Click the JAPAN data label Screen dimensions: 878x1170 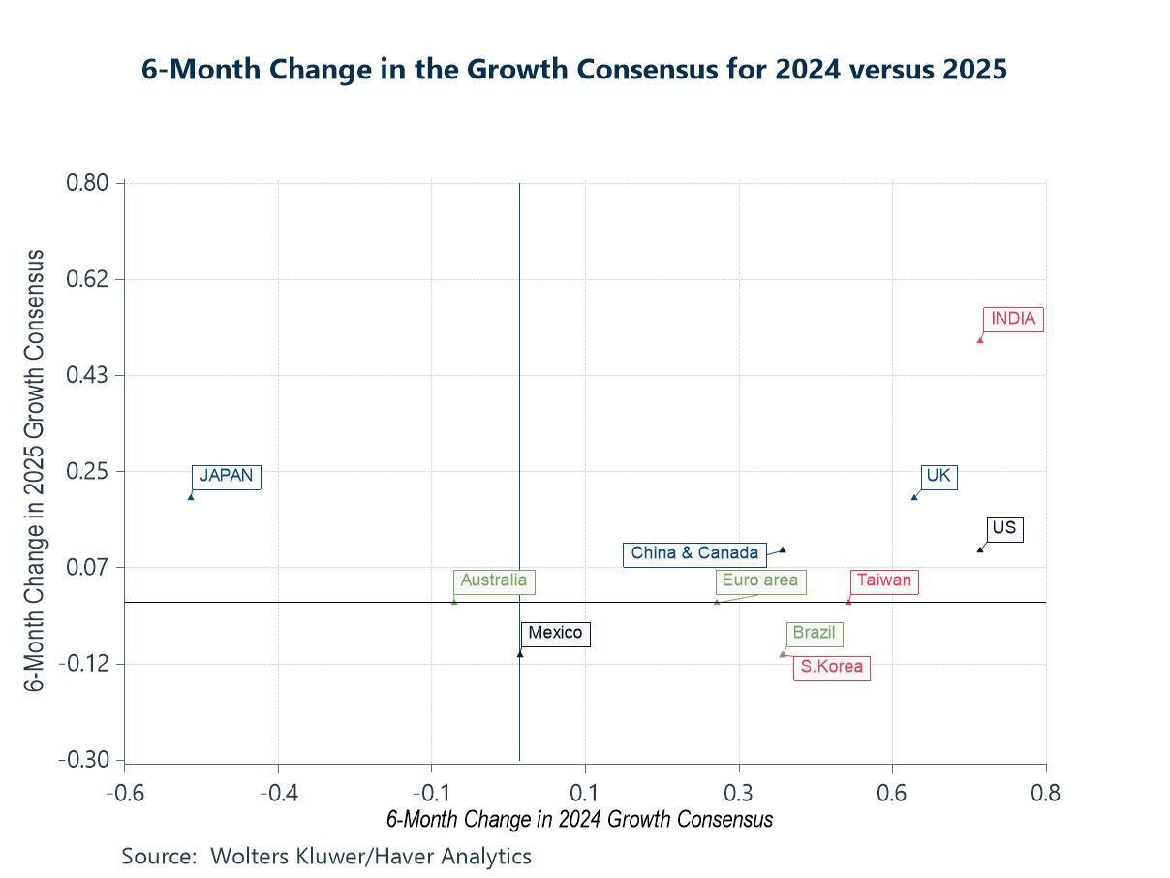226,476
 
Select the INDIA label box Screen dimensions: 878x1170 1013,319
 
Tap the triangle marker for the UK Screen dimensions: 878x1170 914,497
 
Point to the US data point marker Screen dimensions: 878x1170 980,549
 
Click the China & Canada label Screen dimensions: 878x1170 694,553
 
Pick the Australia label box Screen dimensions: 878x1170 494,581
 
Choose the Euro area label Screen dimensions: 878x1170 760,581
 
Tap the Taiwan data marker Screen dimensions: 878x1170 848,601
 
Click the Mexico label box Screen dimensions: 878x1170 555,634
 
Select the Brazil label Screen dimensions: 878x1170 814,634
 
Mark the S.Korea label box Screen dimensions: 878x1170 831,668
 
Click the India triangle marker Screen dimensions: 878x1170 980,339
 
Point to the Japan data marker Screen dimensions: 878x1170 191,496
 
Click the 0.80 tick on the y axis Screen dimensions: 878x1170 86,183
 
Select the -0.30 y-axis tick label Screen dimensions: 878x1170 84,760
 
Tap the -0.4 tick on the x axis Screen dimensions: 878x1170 278,794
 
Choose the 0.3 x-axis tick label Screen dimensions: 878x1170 739,794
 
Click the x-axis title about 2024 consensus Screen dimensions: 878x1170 579,820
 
